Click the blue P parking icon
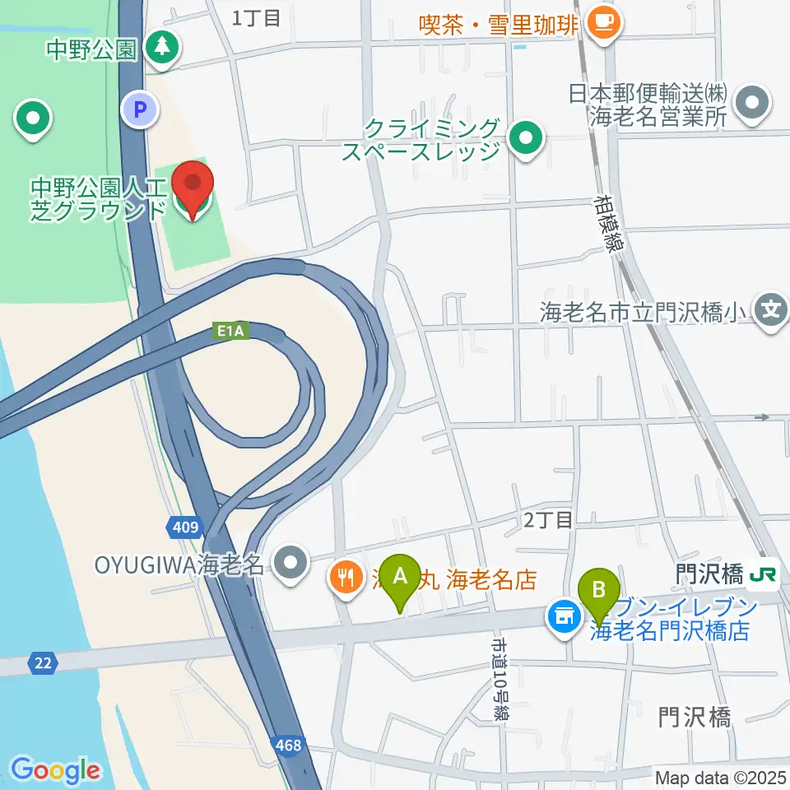pyautogui.click(x=141, y=108)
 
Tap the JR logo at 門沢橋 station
pyautogui.click(x=763, y=575)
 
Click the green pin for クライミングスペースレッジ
pyautogui.click(x=525, y=139)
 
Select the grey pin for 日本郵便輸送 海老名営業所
pyautogui.click(x=751, y=105)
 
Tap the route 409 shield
pyautogui.click(x=187, y=526)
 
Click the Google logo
pyautogui.click(x=55, y=770)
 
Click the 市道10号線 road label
pyautogui.click(x=499, y=679)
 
